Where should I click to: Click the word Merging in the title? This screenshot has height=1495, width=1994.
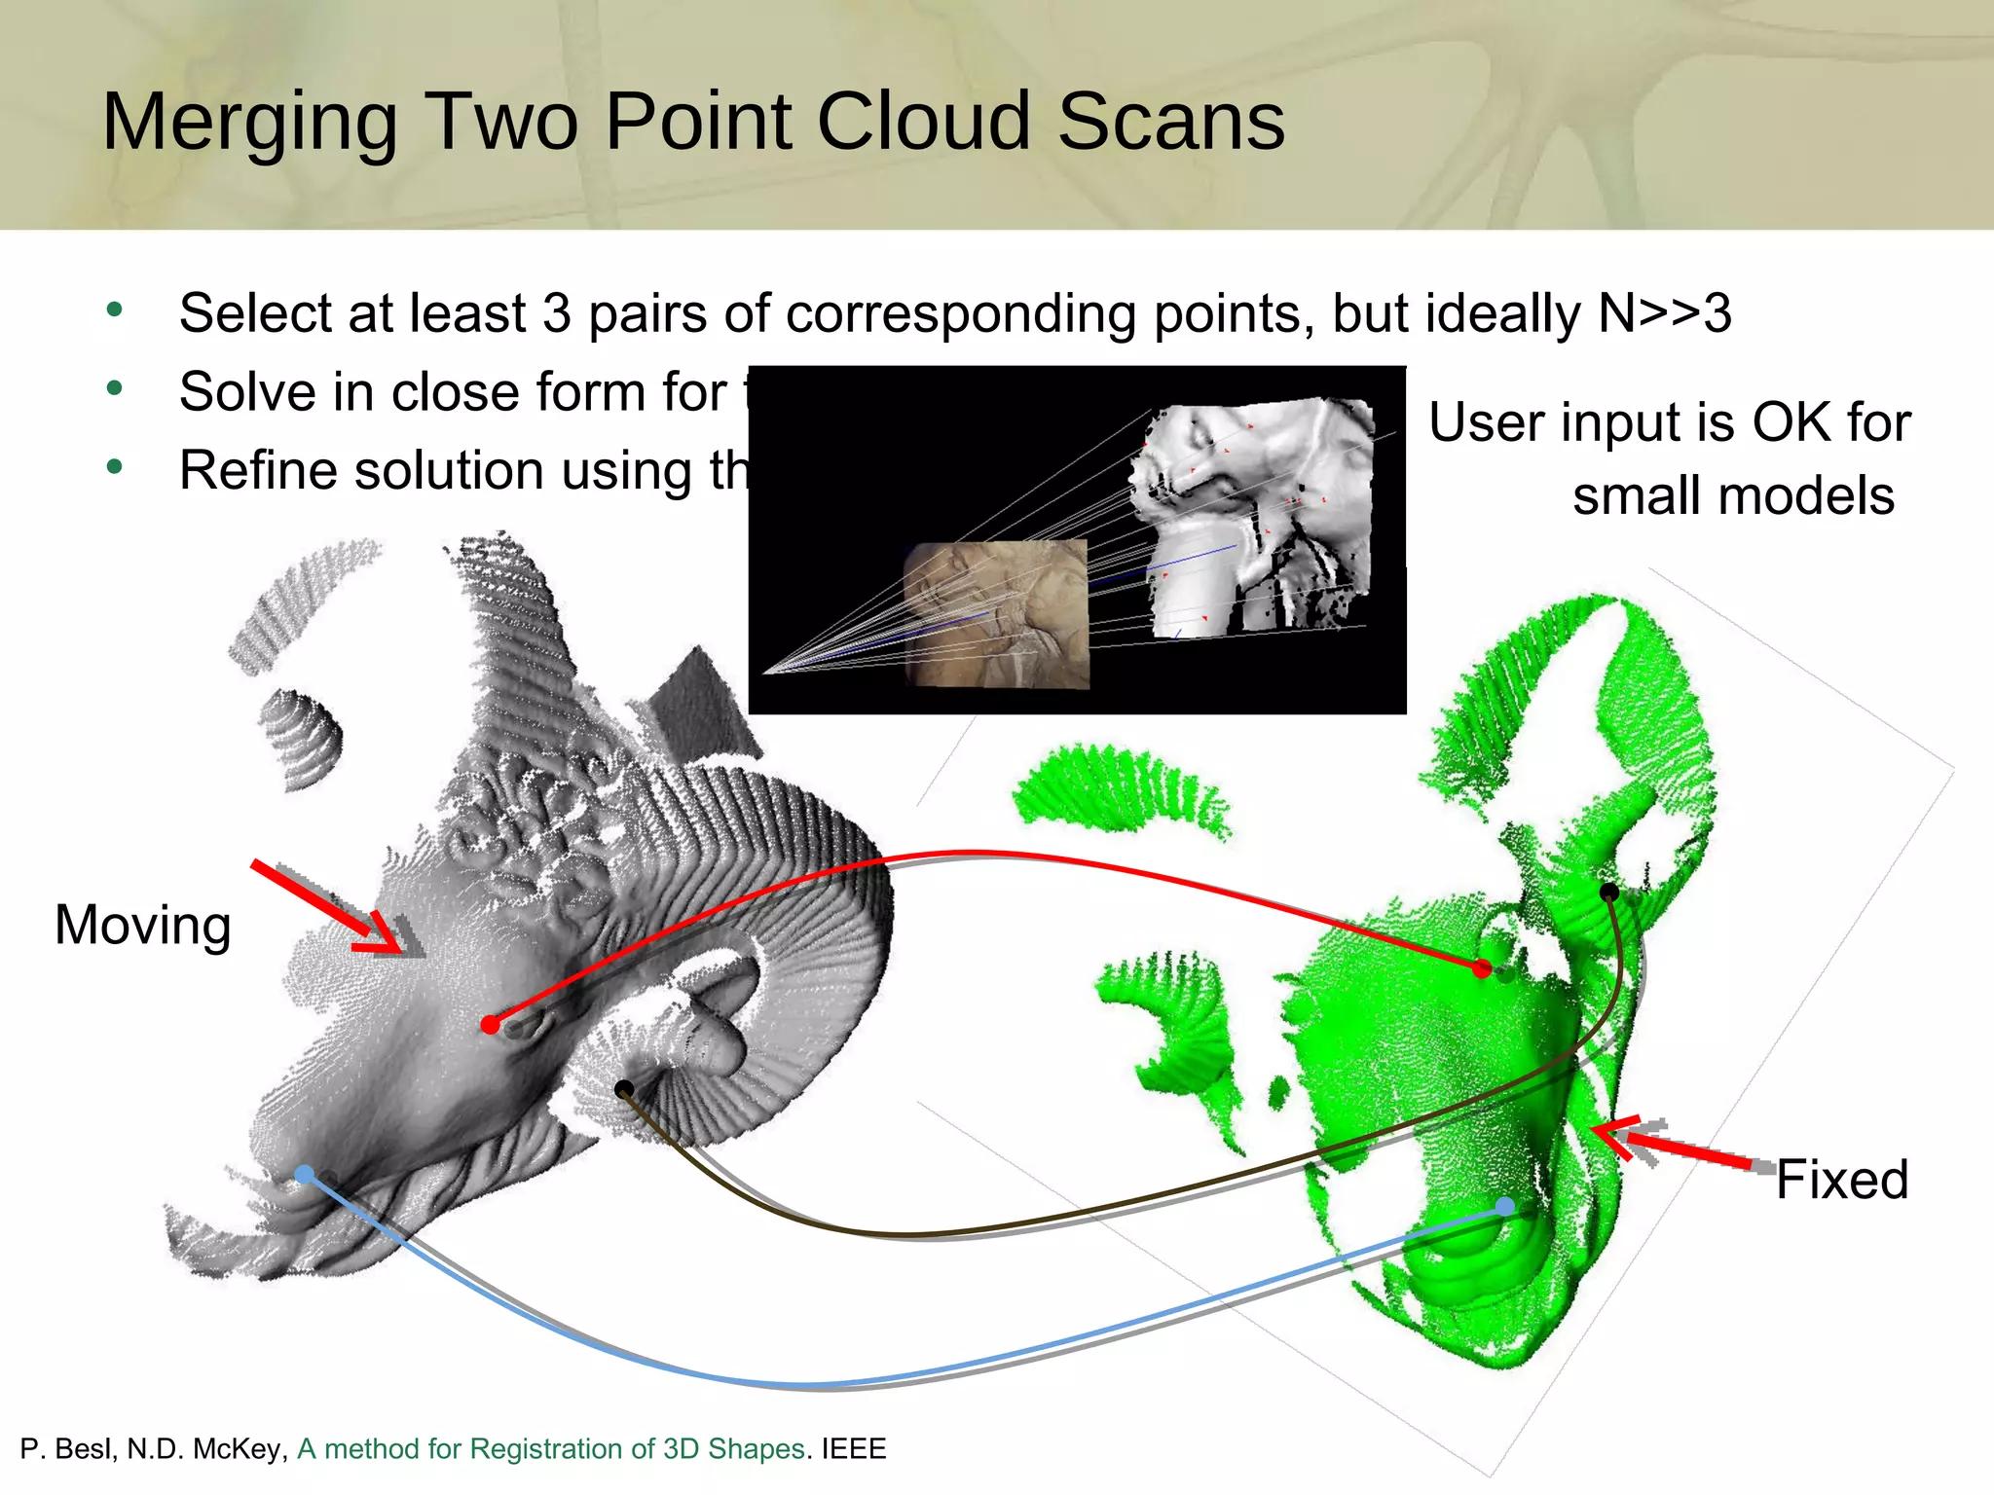pos(249,123)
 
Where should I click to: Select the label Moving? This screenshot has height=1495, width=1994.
pos(143,925)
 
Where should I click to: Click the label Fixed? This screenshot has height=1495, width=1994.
pos(1841,1180)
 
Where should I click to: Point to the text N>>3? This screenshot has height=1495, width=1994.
pos(1665,313)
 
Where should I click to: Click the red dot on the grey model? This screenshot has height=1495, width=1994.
pos(491,1025)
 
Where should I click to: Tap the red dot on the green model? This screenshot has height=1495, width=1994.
pos(1482,968)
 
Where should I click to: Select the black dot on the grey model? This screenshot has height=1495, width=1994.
pos(624,1089)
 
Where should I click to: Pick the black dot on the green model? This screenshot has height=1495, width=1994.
pos(1609,892)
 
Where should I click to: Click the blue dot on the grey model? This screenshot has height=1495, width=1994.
pos(305,1175)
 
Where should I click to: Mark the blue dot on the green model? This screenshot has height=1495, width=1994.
pos(1505,1207)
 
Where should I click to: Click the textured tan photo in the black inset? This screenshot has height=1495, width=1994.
pos(996,613)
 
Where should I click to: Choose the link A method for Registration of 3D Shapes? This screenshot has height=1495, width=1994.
pos(551,1449)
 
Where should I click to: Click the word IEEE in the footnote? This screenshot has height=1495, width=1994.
pos(854,1449)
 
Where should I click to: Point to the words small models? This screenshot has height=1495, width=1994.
pos(1733,496)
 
